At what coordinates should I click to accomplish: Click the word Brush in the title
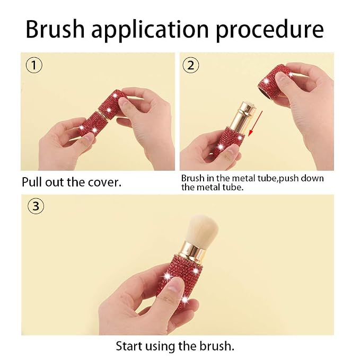pyautogui.click(x=55, y=29)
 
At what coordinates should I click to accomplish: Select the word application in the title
pyautogui.click(x=151, y=31)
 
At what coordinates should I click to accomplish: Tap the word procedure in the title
pyautogui.click(x=270, y=31)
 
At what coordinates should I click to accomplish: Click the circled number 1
pyautogui.click(x=34, y=65)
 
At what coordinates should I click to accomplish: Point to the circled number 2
pyautogui.click(x=191, y=65)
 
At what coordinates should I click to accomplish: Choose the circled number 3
pyautogui.click(x=36, y=206)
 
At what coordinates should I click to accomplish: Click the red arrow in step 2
pyautogui.click(x=256, y=124)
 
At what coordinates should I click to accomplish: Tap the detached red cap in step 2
pyautogui.click(x=275, y=82)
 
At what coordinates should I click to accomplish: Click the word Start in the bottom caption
pyautogui.click(x=129, y=346)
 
